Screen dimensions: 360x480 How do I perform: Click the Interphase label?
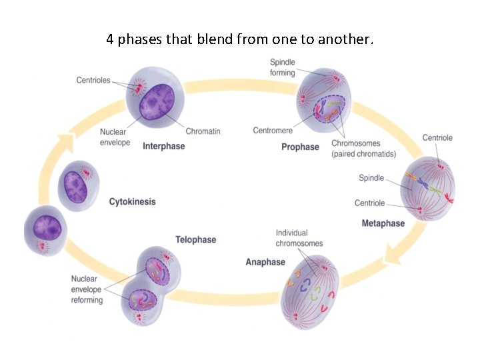click(x=163, y=146)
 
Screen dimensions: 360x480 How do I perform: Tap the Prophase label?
click(x=300, y=147)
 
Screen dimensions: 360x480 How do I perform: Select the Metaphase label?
click(x=383, y=223)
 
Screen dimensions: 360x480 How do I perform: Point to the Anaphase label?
click(x=265, y=262)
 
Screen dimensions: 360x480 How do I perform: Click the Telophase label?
click(x=195, y=239)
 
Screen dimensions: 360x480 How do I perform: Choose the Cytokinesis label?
click(x=132, y=201)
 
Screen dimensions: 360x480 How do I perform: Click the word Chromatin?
click(x=203, y=131)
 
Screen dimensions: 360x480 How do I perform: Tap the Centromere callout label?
click(x=273, y=131)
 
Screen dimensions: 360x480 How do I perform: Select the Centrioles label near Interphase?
click(x=93, y=81)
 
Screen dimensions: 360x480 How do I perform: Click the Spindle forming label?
click(x=283, y=67)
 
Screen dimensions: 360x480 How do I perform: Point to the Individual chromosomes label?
click(x=299, y=238)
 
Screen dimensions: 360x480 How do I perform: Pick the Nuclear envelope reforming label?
click(x=87, y=289)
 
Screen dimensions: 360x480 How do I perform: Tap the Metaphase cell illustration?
click(x=429, y=189)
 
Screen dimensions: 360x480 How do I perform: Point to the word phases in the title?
click(x=140, y=40)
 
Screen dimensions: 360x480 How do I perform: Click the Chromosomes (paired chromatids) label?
click(x=363, y=149)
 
